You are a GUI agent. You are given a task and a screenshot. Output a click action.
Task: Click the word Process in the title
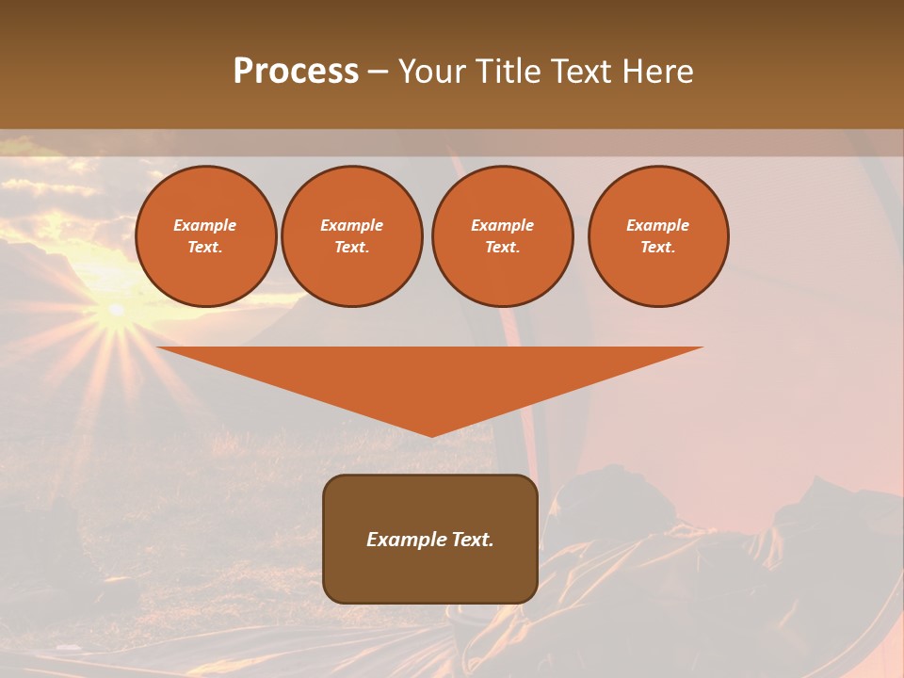point(296,72)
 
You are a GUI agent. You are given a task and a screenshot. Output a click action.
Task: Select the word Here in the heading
point(656,72)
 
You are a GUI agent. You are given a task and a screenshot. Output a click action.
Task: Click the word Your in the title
point(433,72)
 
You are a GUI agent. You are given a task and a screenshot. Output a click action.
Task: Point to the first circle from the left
point(206,236)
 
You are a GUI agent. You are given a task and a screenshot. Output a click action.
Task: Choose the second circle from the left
point(352,236)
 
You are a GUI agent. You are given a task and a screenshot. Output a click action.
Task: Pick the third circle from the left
point(503,236)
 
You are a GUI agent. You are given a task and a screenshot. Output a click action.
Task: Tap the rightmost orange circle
point(658,236)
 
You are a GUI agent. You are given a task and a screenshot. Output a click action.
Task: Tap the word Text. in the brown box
point(472,540)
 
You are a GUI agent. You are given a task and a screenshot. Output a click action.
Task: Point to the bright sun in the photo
point(116,310)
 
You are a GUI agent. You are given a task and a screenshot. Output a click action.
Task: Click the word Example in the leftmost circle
point(205,225)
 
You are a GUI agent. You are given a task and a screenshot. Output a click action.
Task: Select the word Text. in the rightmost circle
point(658,248)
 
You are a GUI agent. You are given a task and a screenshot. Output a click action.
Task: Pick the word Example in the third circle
point(503,225)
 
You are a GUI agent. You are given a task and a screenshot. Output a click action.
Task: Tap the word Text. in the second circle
point(352,248)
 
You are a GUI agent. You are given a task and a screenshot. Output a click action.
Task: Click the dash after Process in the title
point(379,73)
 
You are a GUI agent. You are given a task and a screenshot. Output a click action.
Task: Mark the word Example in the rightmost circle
point(658,225)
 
